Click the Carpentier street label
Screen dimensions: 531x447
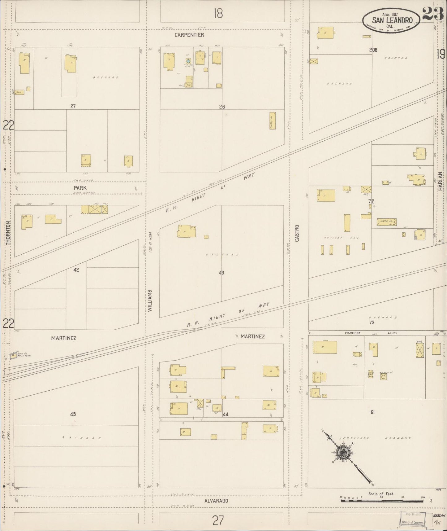pos(189,35)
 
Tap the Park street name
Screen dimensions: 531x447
pos(80,188)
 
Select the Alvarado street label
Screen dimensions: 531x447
pos(216,501)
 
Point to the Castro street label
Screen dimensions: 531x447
pos(297,233)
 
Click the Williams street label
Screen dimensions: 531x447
pos(150,301)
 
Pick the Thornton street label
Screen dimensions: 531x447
pos(8,233)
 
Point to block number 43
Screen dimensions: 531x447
pos(221,273)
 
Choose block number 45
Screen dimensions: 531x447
pos(73,414)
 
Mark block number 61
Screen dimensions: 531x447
pos(372,412)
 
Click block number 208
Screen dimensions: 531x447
pos(373,50)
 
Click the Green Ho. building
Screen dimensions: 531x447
pos(387,222)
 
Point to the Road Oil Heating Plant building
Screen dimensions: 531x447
pos(13,356)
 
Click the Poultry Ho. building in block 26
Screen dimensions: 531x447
pos(273,121)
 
